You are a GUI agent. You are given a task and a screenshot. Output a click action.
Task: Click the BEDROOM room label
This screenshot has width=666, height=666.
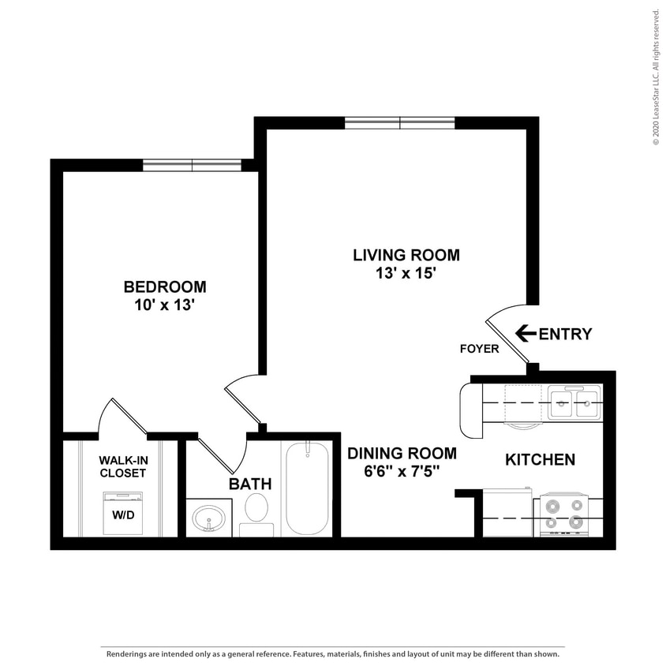pyautogui.click(x=165, y=286)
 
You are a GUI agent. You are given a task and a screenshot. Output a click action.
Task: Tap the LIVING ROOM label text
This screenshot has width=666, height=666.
pyautogui.click(x=406, y=255)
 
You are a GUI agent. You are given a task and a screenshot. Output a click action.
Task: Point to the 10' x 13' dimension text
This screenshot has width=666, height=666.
pyautogui.click(x=165, y=305)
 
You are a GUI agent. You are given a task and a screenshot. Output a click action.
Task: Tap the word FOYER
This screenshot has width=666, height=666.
pyautogui.click(x=480, y=349)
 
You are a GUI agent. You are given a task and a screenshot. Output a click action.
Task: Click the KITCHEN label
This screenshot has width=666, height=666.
pyautogui.click(x=540, y=459)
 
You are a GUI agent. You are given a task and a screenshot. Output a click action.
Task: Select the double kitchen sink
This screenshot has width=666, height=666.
pyautogui.click(x=574, y=403)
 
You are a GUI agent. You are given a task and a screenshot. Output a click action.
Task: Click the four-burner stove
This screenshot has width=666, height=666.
pyautogui.click(x=563, y=514)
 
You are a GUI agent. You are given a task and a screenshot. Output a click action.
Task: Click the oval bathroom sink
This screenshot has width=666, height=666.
pyautogui.click(x=209, y=518)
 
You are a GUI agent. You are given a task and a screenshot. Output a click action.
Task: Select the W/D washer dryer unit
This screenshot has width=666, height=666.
pyautogui.click(x=122, y=513)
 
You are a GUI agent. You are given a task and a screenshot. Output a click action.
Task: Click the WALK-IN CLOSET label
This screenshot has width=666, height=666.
pyautogui.click(x=122, y=466)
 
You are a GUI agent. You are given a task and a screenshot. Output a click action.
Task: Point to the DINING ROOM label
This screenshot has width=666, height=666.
pyautogui.click(x=402, y=453)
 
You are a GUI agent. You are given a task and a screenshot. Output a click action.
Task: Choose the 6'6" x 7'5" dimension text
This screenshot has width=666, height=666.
pyautogui.click(x=402, y=472)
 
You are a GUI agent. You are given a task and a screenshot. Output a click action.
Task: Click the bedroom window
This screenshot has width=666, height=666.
pyautogui.click(x=192, y=165)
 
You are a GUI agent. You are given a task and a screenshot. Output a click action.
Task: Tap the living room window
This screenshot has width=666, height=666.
pyautogui.click(x=399, y=122)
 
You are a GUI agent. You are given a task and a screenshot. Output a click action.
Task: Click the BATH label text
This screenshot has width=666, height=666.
pyautogui.click(x=250, y=484)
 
